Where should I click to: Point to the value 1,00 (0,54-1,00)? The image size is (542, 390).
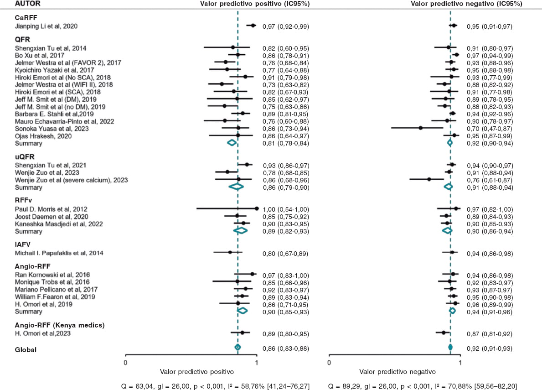coord(285,208)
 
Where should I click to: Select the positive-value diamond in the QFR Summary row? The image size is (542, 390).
coord(232,143)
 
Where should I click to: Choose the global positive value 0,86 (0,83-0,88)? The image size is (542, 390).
coord(285,348)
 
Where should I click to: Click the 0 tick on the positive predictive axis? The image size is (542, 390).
coord(125,363)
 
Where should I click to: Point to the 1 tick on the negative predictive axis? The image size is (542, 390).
coord(460,363)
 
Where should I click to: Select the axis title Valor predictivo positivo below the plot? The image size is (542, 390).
coord(192,372)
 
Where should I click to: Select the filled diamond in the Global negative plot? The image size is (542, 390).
coord(450,348)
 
